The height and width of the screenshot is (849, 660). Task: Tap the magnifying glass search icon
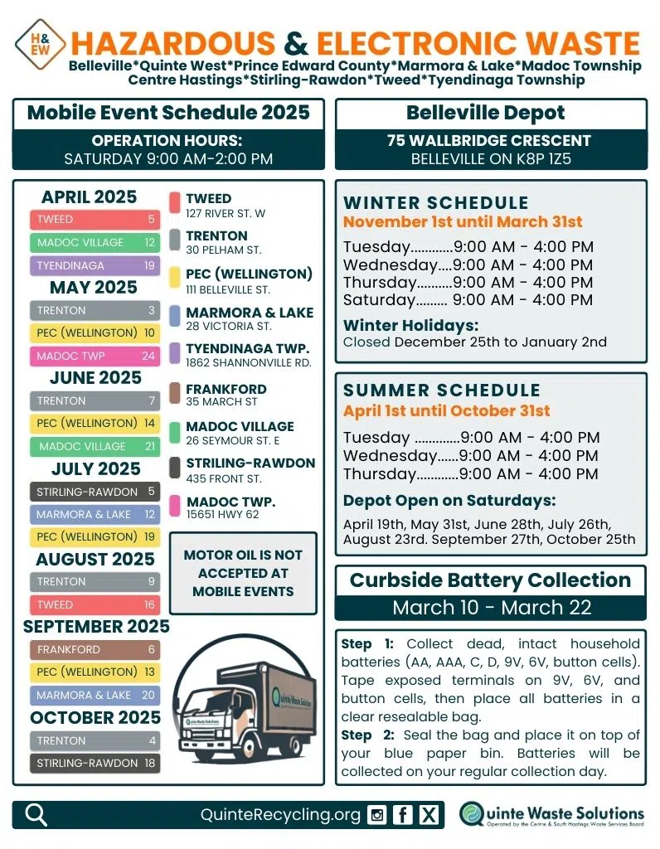click(36, 815)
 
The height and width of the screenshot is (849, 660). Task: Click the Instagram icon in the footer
click(377, 815)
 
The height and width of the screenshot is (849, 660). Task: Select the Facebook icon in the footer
click(402, 815)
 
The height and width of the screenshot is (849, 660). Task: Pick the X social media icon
click(428, 815)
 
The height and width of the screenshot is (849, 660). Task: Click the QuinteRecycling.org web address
click(280, 815)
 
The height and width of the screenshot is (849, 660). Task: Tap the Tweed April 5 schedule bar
click(95, 220)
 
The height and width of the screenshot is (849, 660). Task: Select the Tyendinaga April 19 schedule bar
click(95, 266)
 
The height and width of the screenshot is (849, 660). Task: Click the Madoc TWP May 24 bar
click(95, 357)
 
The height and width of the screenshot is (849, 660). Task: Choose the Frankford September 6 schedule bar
click(95, 650)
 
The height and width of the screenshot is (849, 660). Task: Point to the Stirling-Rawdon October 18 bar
click(95, 764)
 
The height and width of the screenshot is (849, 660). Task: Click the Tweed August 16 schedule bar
click(95, 605)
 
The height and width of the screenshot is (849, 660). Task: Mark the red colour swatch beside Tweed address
click(175, 203)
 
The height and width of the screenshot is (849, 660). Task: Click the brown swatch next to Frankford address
click(175, 393)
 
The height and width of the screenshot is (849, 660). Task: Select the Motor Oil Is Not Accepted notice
click(243, 573)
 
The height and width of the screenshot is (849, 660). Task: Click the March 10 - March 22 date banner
click(491, 608)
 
